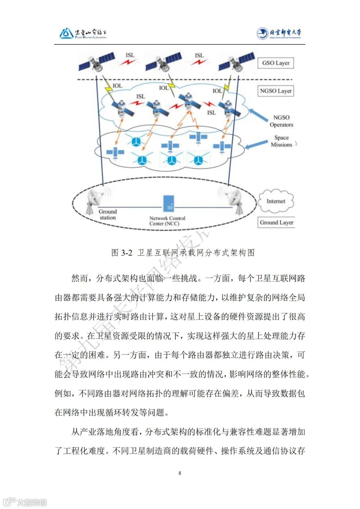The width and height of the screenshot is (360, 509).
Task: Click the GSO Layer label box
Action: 275,63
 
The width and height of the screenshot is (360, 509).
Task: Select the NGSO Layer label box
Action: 276,91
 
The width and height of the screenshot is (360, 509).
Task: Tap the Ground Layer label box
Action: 276,222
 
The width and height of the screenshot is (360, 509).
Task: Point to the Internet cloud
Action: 276,201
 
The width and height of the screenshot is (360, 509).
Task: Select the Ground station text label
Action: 107,214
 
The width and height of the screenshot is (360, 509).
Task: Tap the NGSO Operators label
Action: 281,121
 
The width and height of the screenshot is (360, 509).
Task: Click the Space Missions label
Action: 281,141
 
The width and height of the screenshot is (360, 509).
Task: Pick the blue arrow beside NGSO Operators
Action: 262,114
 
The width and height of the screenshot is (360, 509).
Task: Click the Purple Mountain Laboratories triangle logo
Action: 66,33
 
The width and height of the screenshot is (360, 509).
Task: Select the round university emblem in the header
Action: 262,33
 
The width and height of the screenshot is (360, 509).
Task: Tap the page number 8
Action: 180,473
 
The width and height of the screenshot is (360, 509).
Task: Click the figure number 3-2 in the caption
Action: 126,252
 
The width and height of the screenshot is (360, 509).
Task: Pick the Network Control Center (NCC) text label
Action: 167,221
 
